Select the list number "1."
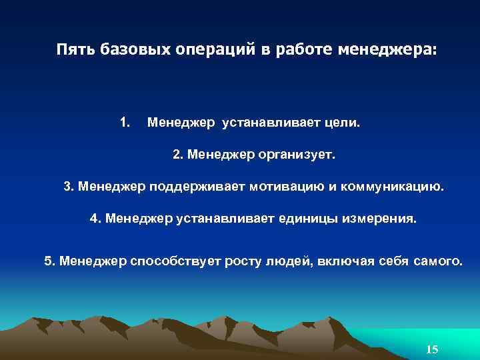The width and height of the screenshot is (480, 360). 125,122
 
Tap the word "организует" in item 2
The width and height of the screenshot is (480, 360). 297,155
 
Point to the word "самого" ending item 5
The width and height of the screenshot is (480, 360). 437,260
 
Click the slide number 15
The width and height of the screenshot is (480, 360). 431,350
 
